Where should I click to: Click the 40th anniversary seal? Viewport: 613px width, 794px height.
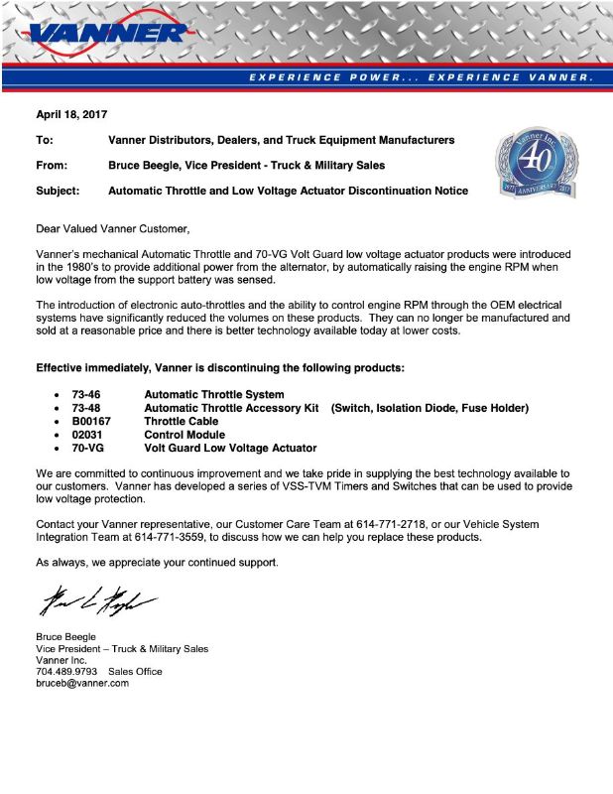point(536,158)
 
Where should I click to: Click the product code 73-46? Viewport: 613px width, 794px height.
point(86,395)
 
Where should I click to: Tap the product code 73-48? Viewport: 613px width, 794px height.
point(86,408)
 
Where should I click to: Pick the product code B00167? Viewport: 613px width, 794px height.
point(91,421)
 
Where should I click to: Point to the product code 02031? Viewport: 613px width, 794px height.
point(88,435)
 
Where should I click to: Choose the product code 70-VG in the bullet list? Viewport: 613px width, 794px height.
point(88,448)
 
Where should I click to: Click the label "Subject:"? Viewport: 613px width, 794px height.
point(58,191)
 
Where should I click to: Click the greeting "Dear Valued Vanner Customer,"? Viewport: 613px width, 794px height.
point(112,229)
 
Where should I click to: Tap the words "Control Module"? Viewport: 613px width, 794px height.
point(184,435)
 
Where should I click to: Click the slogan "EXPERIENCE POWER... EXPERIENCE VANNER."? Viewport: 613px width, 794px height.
point(421,76)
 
